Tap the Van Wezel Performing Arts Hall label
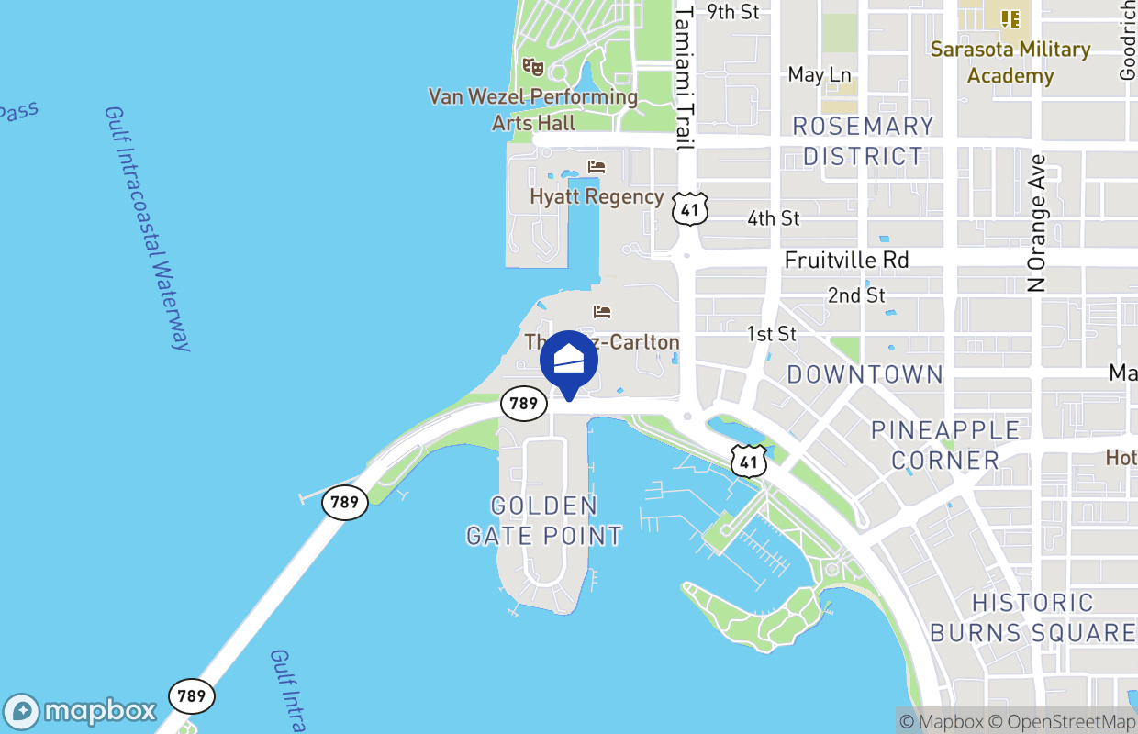[533, 109]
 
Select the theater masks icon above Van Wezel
[532, 66]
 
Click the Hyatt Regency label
[597, 196]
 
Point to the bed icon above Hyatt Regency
[597, 167]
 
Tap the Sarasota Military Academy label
[1010, 62]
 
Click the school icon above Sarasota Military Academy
[1010, 18]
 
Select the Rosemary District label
[863, 140]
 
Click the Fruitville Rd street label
[846, 261]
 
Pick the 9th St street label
[733, 12]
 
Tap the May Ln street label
[820, 74]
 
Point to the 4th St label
[773, 218]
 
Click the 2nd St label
[856, 295]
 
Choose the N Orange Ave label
[1037, 223]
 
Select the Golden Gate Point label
[544, 520]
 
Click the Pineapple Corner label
[945, 445]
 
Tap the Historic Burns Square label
[1032, 617]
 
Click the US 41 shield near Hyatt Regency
[690, 209]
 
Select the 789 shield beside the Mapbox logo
[192, 695]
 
